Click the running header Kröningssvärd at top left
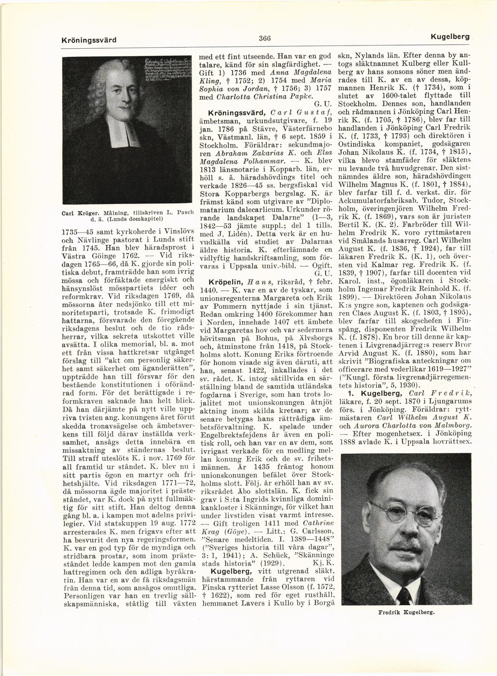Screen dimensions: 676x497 [x=89, y=40]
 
